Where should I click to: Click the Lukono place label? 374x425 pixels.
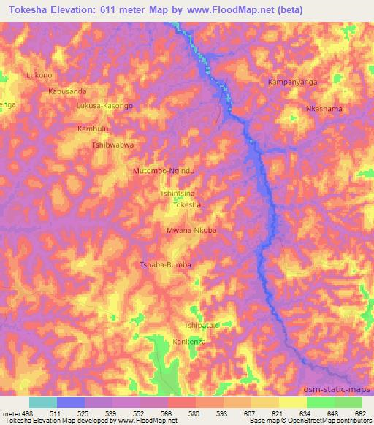click(39, 76)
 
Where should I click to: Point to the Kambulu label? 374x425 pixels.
click(93, 129)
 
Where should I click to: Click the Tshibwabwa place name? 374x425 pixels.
click(112, 145)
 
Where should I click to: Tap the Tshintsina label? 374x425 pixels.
click(178, 194)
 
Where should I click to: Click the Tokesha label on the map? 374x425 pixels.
click(186, 206)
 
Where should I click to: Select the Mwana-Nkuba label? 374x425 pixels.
click(192, 230)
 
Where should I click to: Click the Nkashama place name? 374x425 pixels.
click(324, 109)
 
